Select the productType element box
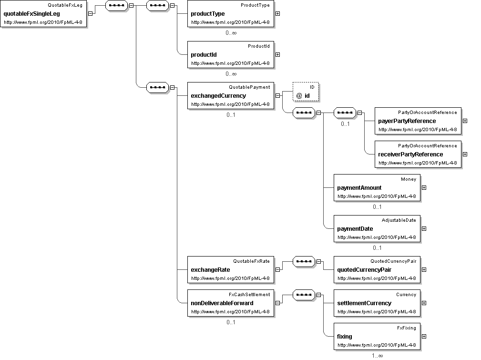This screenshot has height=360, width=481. [x=231, y=14]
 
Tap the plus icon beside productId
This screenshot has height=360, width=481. [x=278, y=55]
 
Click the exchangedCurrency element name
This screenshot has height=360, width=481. [x=218, y=96]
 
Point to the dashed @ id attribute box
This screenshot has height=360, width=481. [x=306, y=92]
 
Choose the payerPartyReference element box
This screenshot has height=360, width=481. [x=418, y=121]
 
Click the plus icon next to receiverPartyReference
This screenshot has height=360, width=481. [x=465, y=154]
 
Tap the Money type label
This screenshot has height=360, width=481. [x=409, y=179]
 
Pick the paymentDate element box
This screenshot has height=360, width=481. [x=377, y=228]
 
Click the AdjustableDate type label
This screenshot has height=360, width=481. [x=399, y=220]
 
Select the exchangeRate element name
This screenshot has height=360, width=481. [x=210, y=270]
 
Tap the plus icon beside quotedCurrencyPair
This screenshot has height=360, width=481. [x=424, y=269]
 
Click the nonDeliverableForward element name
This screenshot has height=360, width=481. [x=222, y=303]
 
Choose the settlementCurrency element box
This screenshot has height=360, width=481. [x=377, y=303]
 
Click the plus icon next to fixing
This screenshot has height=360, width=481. [x=424, y=336]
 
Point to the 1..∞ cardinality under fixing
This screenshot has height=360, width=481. [x=377, y=355]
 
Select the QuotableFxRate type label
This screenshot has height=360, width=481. [x=251, y=261]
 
